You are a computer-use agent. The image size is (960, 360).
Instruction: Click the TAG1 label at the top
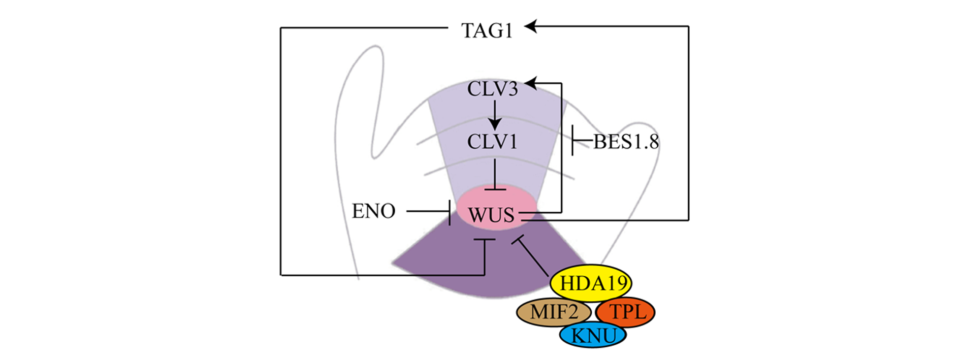[x=487, y=30]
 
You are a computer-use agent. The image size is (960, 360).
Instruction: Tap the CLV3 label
[x=493, y=89]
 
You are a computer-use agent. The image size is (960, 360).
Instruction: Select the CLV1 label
[x=493, y=142]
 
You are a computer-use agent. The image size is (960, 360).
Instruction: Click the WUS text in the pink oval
[x=491, y=215]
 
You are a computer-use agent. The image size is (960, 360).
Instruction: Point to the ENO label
[x=373, y=211]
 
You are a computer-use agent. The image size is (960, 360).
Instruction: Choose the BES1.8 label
[x=626, y=142]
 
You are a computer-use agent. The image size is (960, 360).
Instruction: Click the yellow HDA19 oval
[x=591, y=283]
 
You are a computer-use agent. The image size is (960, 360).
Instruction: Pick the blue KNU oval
[x=593, y=336]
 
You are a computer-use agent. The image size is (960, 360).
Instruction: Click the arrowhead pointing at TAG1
[x=531, y=26]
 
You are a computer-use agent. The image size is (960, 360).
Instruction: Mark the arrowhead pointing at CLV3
[x=531, y=83]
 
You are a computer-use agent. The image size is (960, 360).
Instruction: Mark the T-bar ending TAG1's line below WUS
[x=485, y=240]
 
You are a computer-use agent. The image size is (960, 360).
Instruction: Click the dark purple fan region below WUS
[x=488, y=264]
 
